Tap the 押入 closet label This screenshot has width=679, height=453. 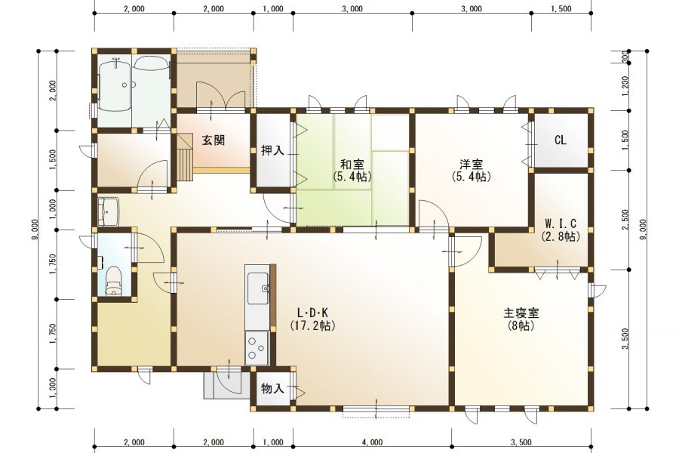(272, 150)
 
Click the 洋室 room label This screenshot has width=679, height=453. (472, 164)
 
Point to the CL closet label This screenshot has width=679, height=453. (560, 140)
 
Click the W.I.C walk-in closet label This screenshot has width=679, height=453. (561, 223)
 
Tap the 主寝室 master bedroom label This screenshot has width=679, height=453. (521, 313)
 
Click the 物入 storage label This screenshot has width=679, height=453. (272, 389)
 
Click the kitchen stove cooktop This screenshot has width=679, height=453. (257, 348)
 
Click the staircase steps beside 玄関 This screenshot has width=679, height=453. (185, 155)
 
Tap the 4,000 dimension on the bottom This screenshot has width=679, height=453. (372, 442)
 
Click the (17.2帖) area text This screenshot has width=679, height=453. (312, 326)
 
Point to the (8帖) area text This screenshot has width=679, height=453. (521, 326)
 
